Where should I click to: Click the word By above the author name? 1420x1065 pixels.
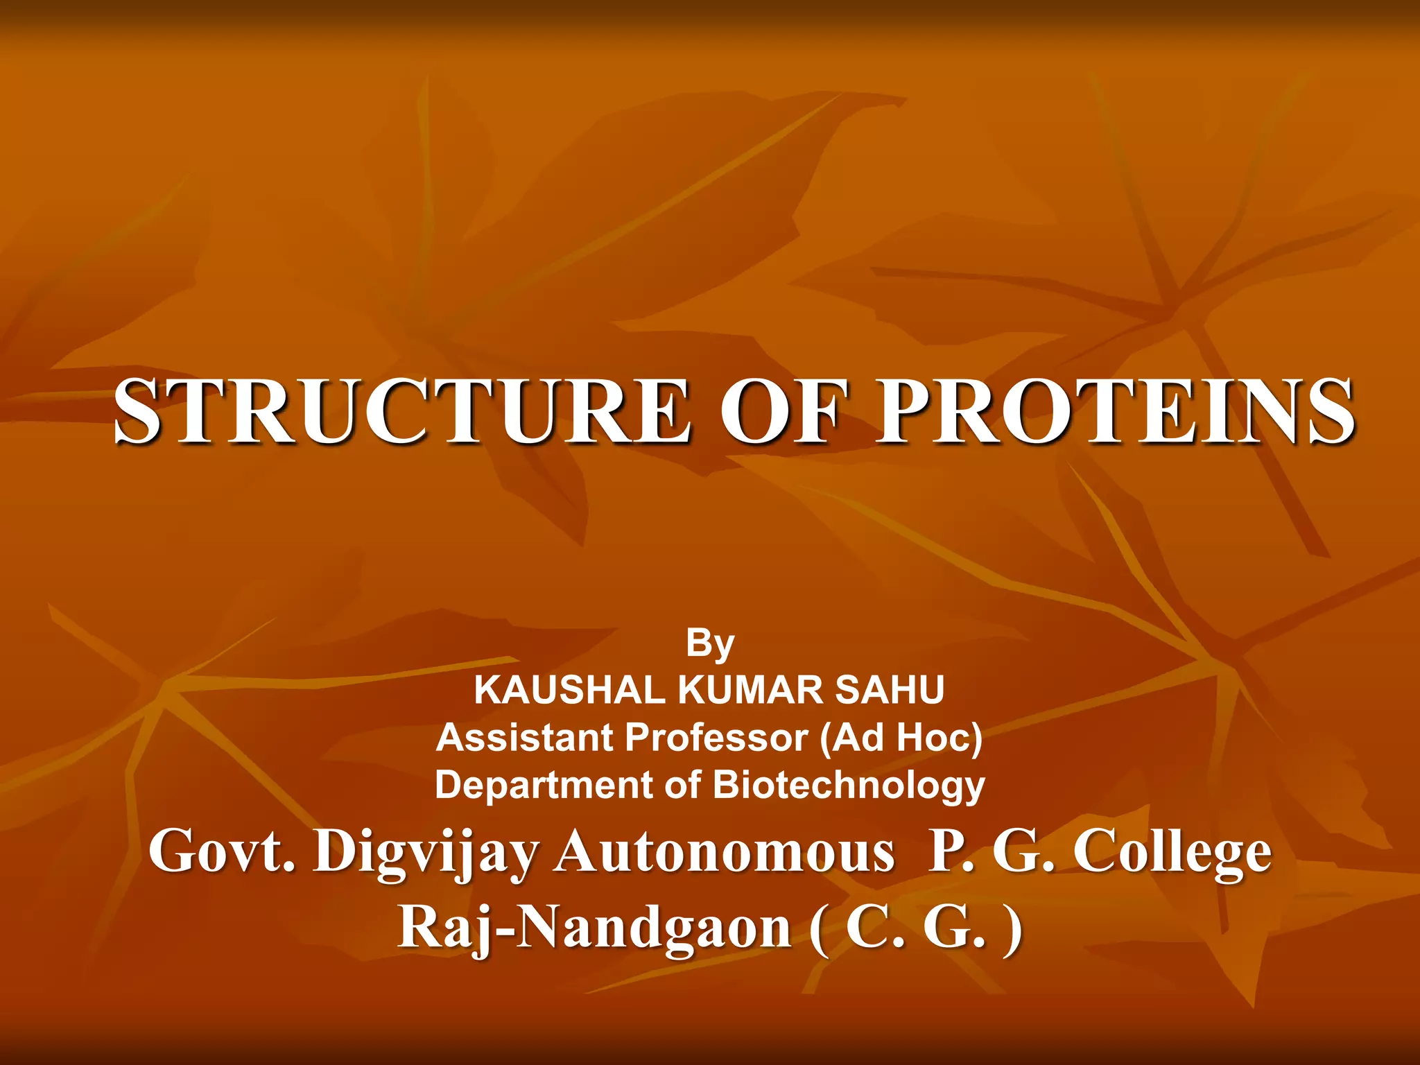pos(709,643)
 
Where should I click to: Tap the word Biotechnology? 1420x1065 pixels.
pos(849,786)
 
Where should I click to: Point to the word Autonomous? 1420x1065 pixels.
pos(725,851)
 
